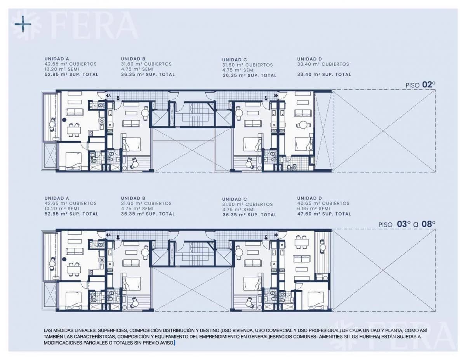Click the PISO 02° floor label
click(x=420, y=85)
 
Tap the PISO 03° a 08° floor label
click(x=407, y=224)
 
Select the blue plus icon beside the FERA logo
click(x=23, y=24)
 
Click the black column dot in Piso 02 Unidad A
click(x=64, y=120)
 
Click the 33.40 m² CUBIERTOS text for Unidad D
click(x=323, y=64)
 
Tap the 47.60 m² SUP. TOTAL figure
click(x=324, y=214)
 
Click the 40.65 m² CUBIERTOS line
click(x=323, y=203)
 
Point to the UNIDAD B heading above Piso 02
click(x=133, y=59)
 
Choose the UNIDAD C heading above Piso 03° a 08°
click(x=235, y=199)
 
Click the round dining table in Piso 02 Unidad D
click(x=303, y=125)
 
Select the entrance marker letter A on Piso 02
click(x=110, y=96)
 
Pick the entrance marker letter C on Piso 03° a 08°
click(x=266, y=237)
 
